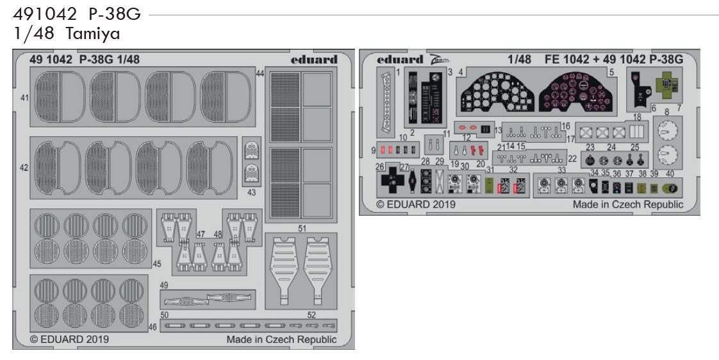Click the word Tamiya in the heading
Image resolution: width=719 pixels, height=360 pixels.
tap(93, 34)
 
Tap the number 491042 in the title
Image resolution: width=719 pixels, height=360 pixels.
tap(45, 15)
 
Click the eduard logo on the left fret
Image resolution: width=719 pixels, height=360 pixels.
tap(313, 60)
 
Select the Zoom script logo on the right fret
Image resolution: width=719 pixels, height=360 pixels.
tap(440, 59)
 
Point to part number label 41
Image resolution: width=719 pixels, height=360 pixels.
tap(24, 97)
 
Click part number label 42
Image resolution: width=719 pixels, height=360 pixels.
tap(24, 168)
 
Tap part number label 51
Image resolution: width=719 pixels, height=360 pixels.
tap(302, 228)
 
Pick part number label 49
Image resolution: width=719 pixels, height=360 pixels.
tap(164, 285)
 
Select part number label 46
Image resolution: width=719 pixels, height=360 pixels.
tap(153, 327)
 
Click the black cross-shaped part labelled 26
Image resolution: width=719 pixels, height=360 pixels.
tap(393, 180)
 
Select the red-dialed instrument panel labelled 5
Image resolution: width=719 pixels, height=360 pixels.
tap(576, 93)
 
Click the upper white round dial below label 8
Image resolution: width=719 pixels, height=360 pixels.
tap(667, 131)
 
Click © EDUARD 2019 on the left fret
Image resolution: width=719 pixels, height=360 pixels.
tap(70, 340)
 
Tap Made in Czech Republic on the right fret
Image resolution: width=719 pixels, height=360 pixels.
tap(628, 204)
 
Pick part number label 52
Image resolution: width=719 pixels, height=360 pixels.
tap(312, 315)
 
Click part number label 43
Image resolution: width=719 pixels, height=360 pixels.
tap(251, 193)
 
